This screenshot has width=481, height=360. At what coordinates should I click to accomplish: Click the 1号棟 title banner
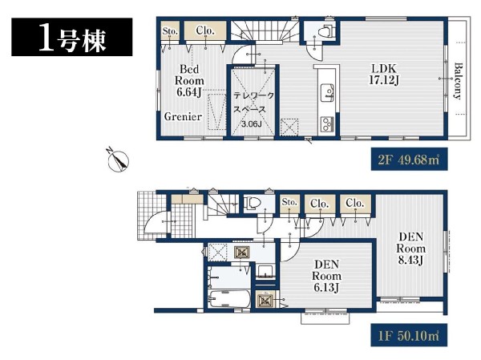coord(72,37)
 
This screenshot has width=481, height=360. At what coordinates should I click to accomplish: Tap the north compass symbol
coord(119,160)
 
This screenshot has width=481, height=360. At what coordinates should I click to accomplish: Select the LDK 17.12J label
coord(384,75)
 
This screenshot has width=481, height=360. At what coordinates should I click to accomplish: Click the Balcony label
coord(458,81)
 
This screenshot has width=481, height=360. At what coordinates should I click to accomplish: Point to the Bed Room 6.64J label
coord(189,80)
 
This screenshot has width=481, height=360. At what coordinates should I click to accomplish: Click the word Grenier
coord(183,116)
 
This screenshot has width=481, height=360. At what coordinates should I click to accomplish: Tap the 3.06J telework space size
coord(251,124)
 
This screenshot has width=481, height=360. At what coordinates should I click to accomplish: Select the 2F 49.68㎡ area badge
coord(409,160)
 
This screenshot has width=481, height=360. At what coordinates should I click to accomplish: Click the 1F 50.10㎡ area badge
coord(409,335)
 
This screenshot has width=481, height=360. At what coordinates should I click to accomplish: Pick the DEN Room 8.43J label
coord(410,249)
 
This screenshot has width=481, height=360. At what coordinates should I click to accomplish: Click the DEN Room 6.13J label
coord(326,276)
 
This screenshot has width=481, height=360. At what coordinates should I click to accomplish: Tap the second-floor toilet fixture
coord(325,31)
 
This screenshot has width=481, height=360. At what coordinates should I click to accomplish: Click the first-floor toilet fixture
coord(252,203)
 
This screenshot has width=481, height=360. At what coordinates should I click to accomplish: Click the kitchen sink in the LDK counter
coord(328,92)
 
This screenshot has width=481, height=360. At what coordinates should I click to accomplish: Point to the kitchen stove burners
coord(328,124)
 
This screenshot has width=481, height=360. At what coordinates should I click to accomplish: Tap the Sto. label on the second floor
coord(170,31)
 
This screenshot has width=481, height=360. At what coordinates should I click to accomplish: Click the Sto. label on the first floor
coord(289,202)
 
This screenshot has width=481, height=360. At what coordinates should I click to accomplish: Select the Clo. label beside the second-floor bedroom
coord(205,30)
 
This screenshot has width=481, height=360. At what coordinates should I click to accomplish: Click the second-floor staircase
coord(265,30)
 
